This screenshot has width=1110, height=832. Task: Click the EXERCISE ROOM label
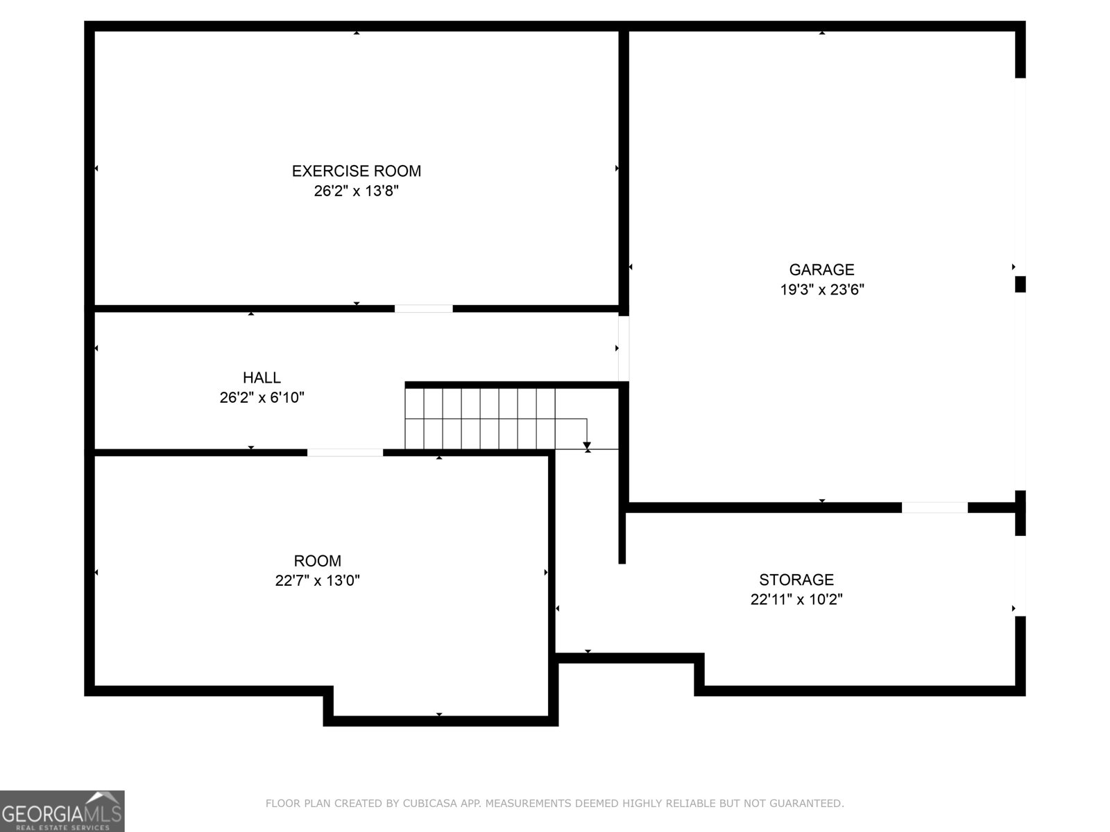click(x=356, y=171)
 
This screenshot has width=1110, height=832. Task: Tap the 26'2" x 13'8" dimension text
click(x=356, y=191)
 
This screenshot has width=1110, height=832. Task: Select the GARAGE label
click(x=821, y=270)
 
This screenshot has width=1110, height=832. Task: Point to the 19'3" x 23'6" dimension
click(x=821, y=290)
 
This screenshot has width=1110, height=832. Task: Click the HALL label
click(x=262, y=378)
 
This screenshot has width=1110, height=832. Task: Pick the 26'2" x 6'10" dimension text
click(x=262, y=398)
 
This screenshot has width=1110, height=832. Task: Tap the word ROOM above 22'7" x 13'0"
click(x=317, y=561)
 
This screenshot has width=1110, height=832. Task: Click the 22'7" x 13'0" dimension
click(x=317, y=581)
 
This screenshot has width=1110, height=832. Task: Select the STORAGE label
click(x=796, y=580)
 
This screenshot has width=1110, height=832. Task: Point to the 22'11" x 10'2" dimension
click(x=796, y=600)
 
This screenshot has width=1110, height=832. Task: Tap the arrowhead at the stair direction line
click(x=587, y=445)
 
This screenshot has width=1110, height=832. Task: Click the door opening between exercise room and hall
click(x=423, y=309)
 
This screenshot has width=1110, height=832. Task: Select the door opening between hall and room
click(x=345, y=453)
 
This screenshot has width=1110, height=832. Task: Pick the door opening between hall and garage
click(x=624, y=348)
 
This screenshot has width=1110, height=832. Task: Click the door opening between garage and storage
click(x=934, y=508)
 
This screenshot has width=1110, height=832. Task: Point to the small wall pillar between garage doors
click(x=1020, y=284)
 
